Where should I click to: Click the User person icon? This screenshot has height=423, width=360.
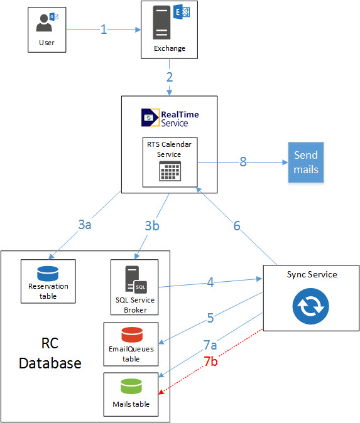tap(44, 23)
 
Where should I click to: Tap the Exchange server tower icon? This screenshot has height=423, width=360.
tap(161, 23)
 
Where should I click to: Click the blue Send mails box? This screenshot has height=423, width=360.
tap(306, 163)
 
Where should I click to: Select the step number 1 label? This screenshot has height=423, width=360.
tap(104, 29)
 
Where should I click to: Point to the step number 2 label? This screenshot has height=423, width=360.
tap(170, 77)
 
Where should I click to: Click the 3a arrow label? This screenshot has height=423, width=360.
tap(85, 225)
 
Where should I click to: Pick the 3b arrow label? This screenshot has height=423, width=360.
tap(152, 225)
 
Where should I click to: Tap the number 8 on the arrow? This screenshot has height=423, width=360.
tap(243, 161)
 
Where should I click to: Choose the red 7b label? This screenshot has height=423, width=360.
tap(210, 361)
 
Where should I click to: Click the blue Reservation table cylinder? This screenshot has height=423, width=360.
tap(48, 274)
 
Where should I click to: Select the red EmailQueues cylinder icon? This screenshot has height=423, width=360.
tap(132, 335)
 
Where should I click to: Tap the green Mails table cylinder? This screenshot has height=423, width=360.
tap(131, 387)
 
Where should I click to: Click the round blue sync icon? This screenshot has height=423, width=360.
tap(310, 306)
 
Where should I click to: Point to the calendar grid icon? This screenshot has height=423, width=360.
tap(170, 171)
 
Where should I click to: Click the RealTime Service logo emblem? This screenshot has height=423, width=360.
tap(150, 117)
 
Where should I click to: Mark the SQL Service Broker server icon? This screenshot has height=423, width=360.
tap(136, 279)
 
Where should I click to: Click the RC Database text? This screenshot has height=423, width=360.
tap(50, 353)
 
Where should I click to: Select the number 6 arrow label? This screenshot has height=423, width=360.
tap(237, 226)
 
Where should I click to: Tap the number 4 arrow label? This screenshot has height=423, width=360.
tap(210, 282)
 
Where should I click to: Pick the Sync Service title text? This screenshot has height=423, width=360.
tap(312, 275)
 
